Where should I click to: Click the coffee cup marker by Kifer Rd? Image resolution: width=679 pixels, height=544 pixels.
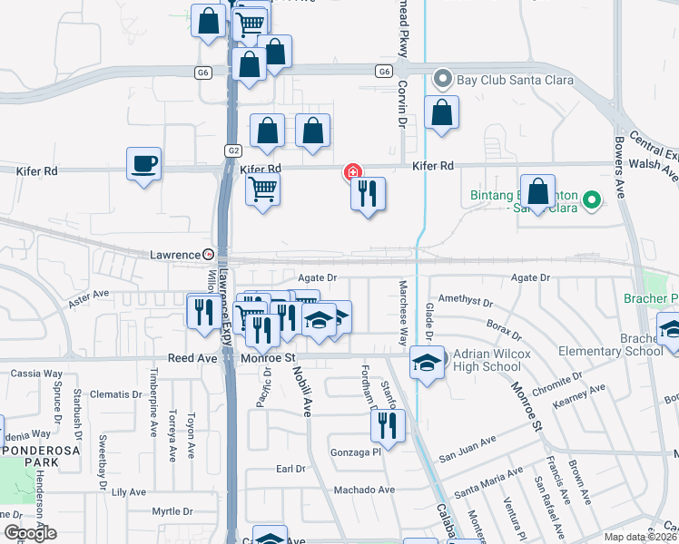143,165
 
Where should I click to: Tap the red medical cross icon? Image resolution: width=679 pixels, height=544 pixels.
351,171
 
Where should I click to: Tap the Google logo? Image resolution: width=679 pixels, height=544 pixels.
30,533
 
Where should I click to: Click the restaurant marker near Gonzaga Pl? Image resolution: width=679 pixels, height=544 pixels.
389,425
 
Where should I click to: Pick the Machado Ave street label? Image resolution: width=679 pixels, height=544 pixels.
364,490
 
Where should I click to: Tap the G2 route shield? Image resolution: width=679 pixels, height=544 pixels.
233,150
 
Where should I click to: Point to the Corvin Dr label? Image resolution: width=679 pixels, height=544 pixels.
399,103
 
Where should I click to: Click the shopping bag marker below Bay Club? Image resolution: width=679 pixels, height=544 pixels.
441,114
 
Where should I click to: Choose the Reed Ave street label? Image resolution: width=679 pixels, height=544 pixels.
192,358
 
